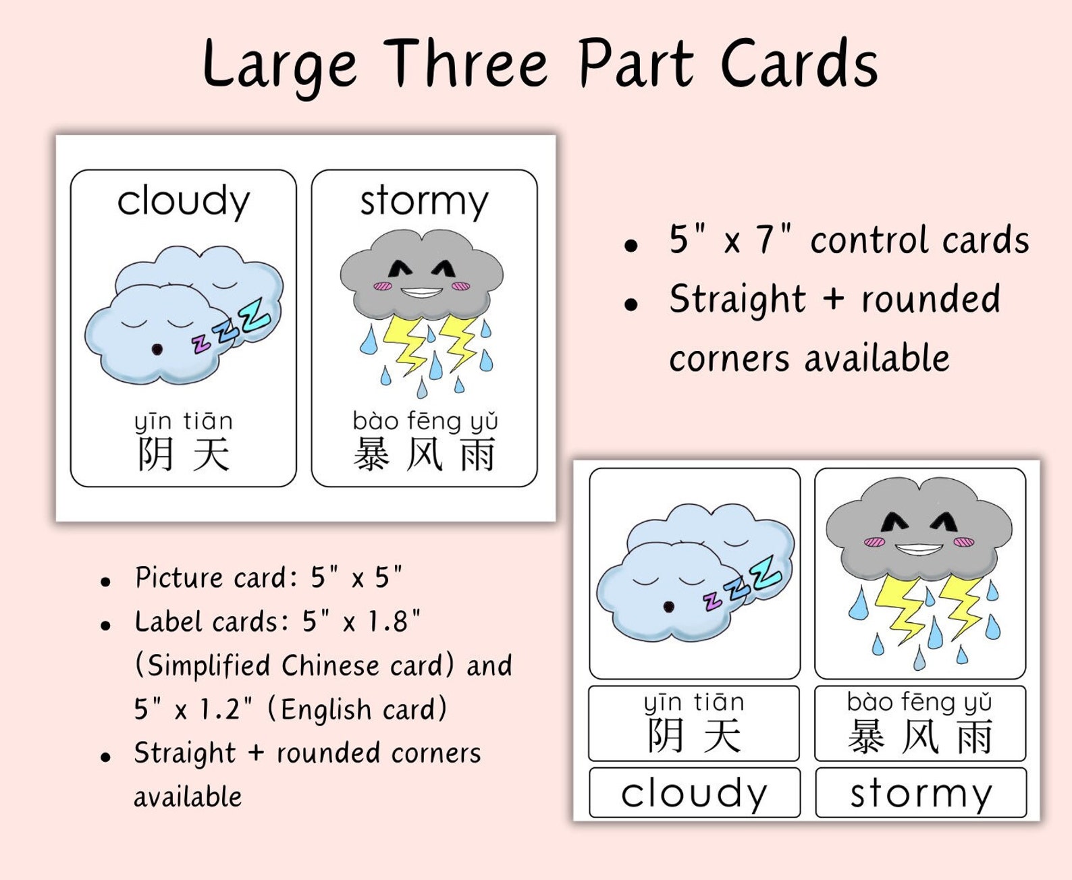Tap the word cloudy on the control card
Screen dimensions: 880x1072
tap(184, 201)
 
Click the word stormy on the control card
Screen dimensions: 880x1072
tap(424, 201)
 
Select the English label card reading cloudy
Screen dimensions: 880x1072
tap(694, 792)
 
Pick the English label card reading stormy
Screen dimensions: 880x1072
tap(921, 792)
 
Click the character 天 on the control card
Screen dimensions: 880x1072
tap(211, 454)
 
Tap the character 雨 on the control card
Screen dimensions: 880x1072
tap(478, 454)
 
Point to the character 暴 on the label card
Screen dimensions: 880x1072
tap(866, 736)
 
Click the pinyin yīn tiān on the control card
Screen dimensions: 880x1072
tap(184, 421)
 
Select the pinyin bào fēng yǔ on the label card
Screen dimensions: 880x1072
tap(919, 703)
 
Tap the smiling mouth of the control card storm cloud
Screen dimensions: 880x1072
tap(421, 293)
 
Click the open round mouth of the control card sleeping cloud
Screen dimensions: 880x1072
tap(157, 349)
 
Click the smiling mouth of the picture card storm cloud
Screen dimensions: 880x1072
tap(917, 549)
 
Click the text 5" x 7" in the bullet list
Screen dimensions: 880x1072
tap(729, 240)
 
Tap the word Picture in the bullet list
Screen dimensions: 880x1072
tap(179, 578)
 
